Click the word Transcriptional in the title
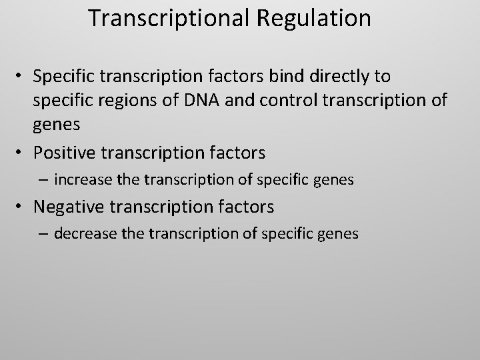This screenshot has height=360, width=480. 169,18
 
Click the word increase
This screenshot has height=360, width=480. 82,179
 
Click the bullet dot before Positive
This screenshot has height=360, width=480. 22,153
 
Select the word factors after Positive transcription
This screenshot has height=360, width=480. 237,153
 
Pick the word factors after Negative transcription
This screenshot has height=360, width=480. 245,207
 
